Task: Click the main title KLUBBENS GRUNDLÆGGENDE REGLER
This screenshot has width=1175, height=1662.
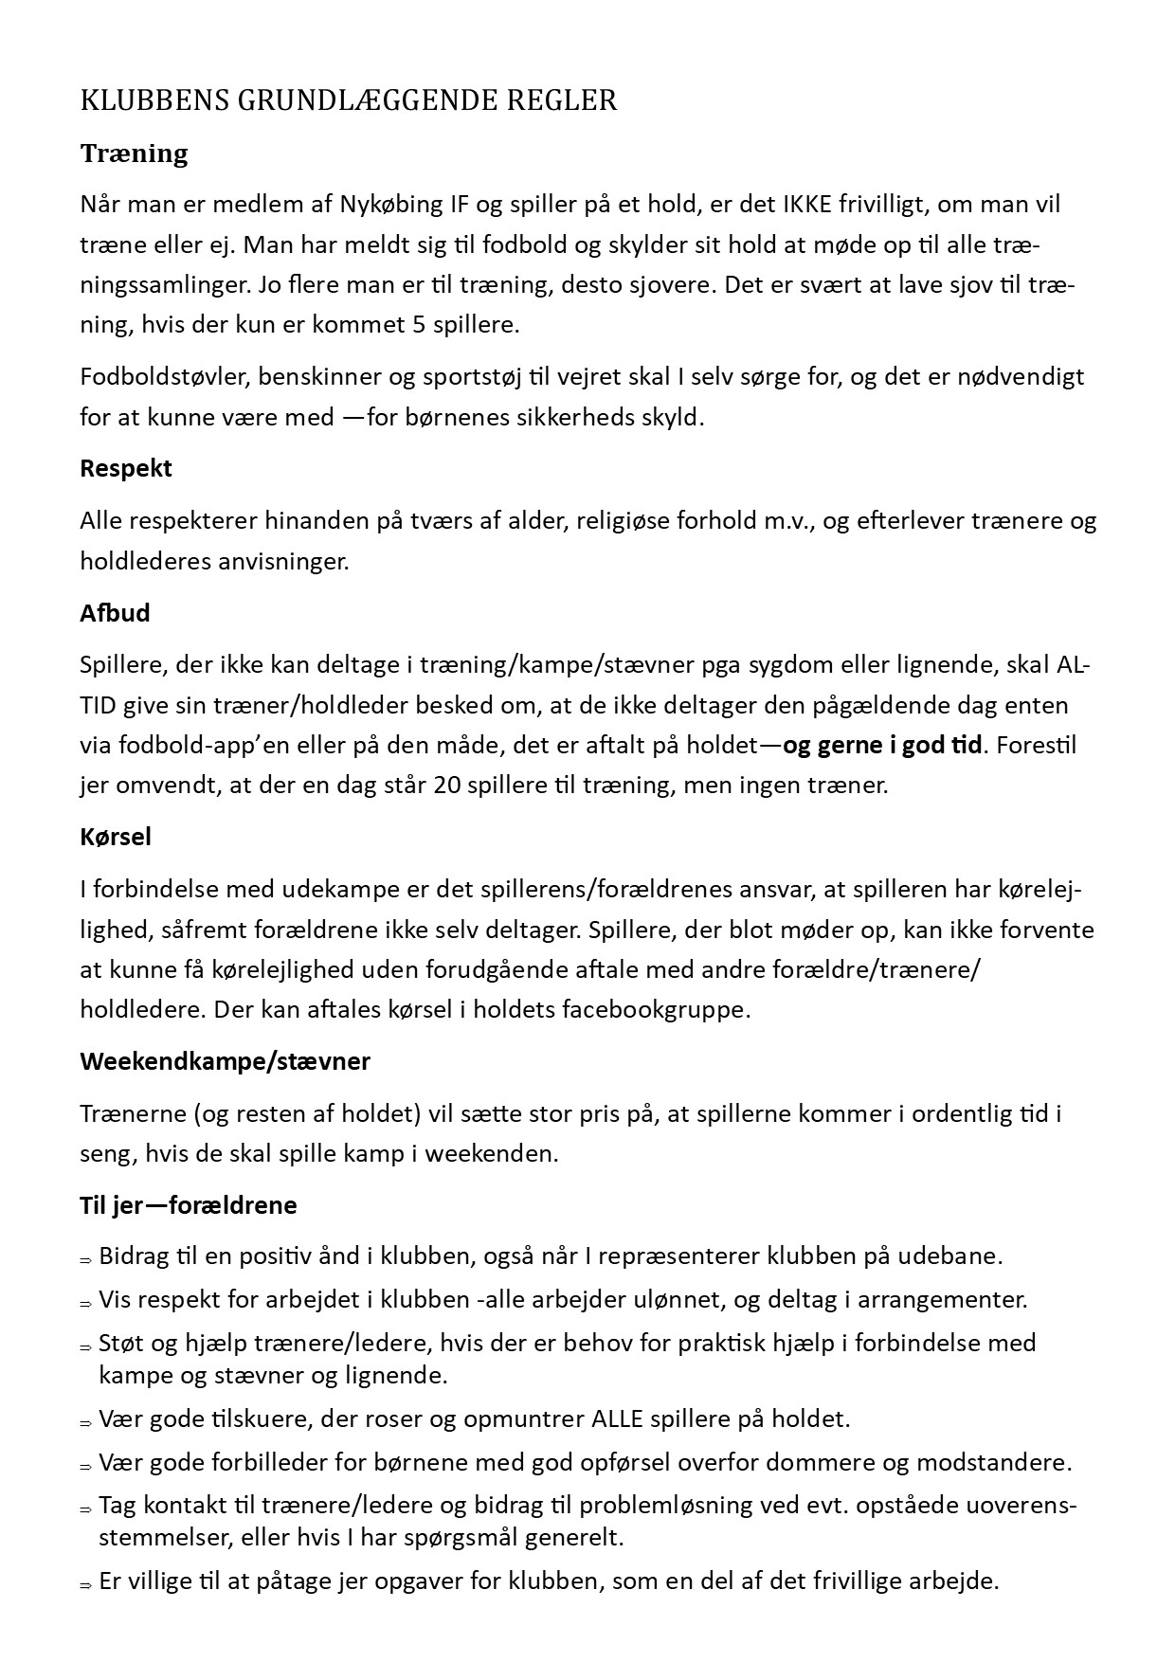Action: [349, 100]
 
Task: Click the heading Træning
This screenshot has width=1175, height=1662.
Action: [134, 154]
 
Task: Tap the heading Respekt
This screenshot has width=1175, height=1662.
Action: [126, 468]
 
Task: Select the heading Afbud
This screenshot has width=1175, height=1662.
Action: [115, 613]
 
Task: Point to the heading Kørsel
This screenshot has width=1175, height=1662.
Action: [116, 838]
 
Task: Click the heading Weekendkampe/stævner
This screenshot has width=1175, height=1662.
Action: [225, 1061]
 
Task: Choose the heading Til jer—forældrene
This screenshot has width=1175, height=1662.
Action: [189, 1205]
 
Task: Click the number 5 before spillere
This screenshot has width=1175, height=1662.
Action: [419, 325]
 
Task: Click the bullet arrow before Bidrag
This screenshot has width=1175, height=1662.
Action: [85, 1260]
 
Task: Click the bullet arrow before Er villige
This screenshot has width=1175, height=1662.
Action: [85, 1584]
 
